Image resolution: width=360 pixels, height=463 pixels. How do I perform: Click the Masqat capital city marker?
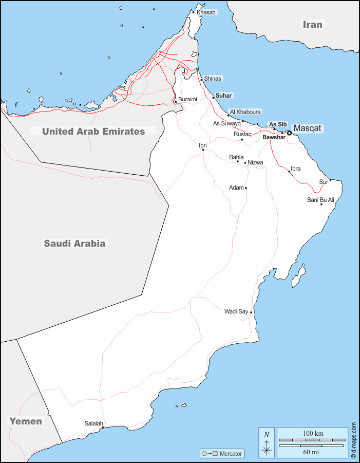pyautogui.click(x=289, y=133)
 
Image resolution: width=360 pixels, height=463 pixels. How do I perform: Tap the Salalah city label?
pyautogui.click(x=94, y=423)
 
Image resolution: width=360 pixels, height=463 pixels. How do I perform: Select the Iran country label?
pyautogui.click(x=312, y=24)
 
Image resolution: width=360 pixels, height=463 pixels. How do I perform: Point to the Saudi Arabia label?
pyautogui.click(x=74, y=244)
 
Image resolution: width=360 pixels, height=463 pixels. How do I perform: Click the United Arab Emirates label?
pyautogui.click(x=93, y=131)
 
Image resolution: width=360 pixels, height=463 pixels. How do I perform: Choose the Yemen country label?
pyautogui.click(x=26, y=421)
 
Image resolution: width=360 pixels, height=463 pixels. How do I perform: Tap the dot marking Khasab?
pyautogui.click(x=194, y=12)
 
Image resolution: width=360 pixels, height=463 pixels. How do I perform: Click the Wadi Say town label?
pyautogui.click(x=236, y=311)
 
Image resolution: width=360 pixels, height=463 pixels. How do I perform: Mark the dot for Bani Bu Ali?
pyautogui.click(x=321, y=205)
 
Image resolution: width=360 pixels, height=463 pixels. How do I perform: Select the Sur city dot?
pyautogui.click(x=331, y=180)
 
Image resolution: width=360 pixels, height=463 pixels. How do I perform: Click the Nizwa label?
pyautogui.click(x=255, y=162)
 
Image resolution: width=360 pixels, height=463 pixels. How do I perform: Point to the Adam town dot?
pyautogui.click(x=246, y=188)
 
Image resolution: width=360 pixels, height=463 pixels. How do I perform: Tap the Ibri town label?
pyautogui.click(x=203, y=145)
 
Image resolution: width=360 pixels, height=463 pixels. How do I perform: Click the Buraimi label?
pyautogui.click(x=187, y=99)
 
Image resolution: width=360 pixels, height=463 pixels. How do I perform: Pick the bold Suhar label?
pyautogui.click(x=224, y=96)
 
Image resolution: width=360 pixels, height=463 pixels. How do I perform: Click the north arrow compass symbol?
pyautogui.click(x=267, y=442)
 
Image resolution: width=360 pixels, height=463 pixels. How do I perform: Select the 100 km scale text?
pyautogui.click(x=313, y=433)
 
